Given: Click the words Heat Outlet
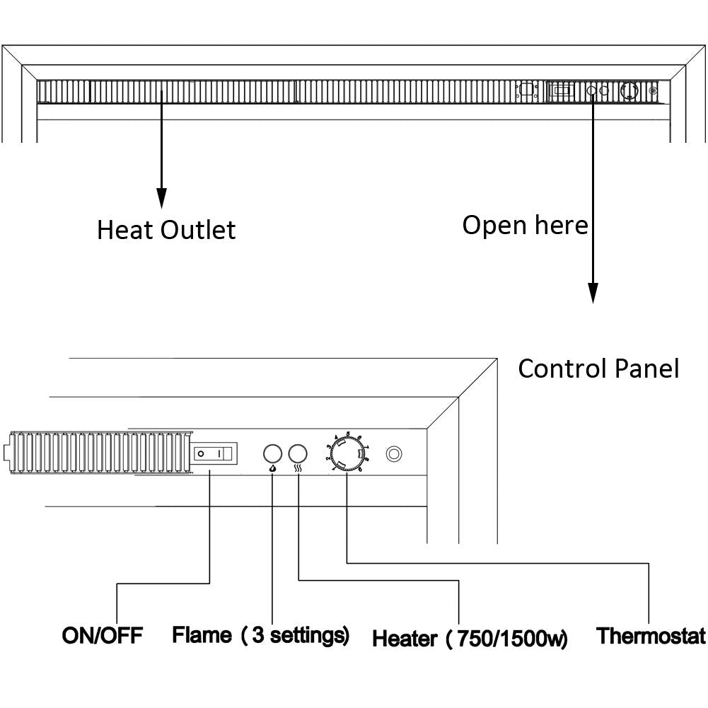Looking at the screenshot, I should pyautogui.click(x=166, y=230).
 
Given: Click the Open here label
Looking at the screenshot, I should pyautogui.click(x=525, y=225).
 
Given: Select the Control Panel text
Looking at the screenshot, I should pyautogui.click(x=598, y=368).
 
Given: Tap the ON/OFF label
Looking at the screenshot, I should pyautogui.click(x=103, y=635).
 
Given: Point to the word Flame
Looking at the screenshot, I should pyautogui.click(x=202, y=634).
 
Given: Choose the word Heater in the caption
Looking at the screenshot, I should pyautogui.click(x=405, y=639).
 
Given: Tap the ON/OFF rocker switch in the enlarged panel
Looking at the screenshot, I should pyautogui.click(x=212, y=453).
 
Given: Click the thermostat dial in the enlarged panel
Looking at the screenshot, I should pyautogui.click(x=347, y=453).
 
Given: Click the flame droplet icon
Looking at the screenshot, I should pyautogui.click(x=273, y=468).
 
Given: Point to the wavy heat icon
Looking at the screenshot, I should pyautogui.click(x=298, y=468).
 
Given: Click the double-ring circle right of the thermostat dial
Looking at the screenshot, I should pyautogui.click(x=394, y=453).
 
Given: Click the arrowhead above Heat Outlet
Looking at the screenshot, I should pyautogui.click(x=161, y=199).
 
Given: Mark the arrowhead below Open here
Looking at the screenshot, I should pyautogui.click(x=593, y=294).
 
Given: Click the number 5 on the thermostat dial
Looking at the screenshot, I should pyautogui.click(x=349, y=434).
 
